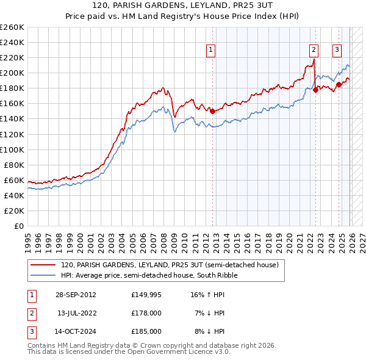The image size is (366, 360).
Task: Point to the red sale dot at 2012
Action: tap(212, 111)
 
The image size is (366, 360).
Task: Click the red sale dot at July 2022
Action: tap(315, 90)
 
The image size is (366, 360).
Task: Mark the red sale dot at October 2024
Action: tap(339, 84)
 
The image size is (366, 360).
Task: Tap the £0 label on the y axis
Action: tap(20, 226)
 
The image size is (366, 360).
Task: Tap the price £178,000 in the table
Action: tap(146, 312)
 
